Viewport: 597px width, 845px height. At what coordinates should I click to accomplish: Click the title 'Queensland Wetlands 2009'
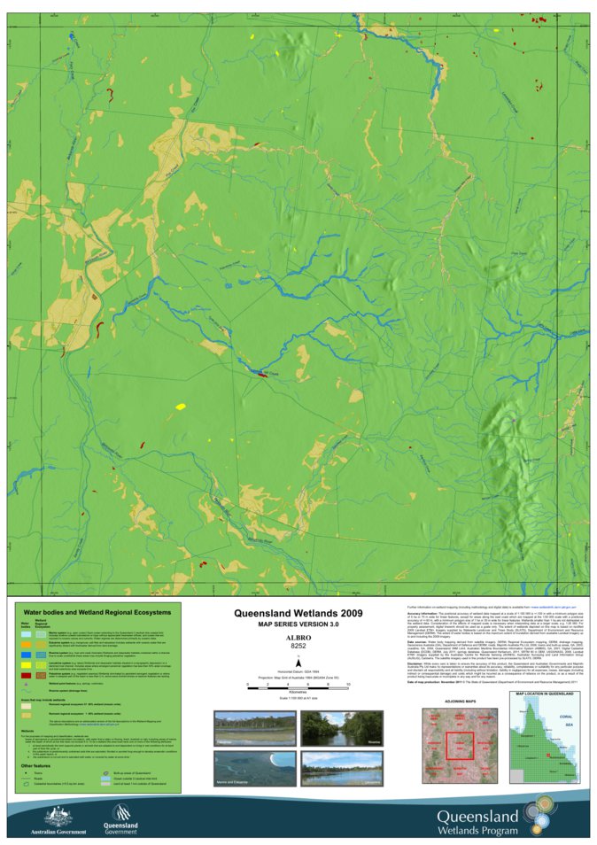tap(298, 612)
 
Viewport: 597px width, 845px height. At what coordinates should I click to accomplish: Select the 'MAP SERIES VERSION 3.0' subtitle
tap(298, 624)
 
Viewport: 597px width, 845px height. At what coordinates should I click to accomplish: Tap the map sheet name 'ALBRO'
tap(298, 637)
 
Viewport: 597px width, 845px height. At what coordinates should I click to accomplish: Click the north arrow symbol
tap(298, 662)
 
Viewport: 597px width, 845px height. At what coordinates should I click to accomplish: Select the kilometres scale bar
tap(298, 684)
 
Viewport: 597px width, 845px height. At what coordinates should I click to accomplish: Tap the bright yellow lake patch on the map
tap(181, 407)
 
